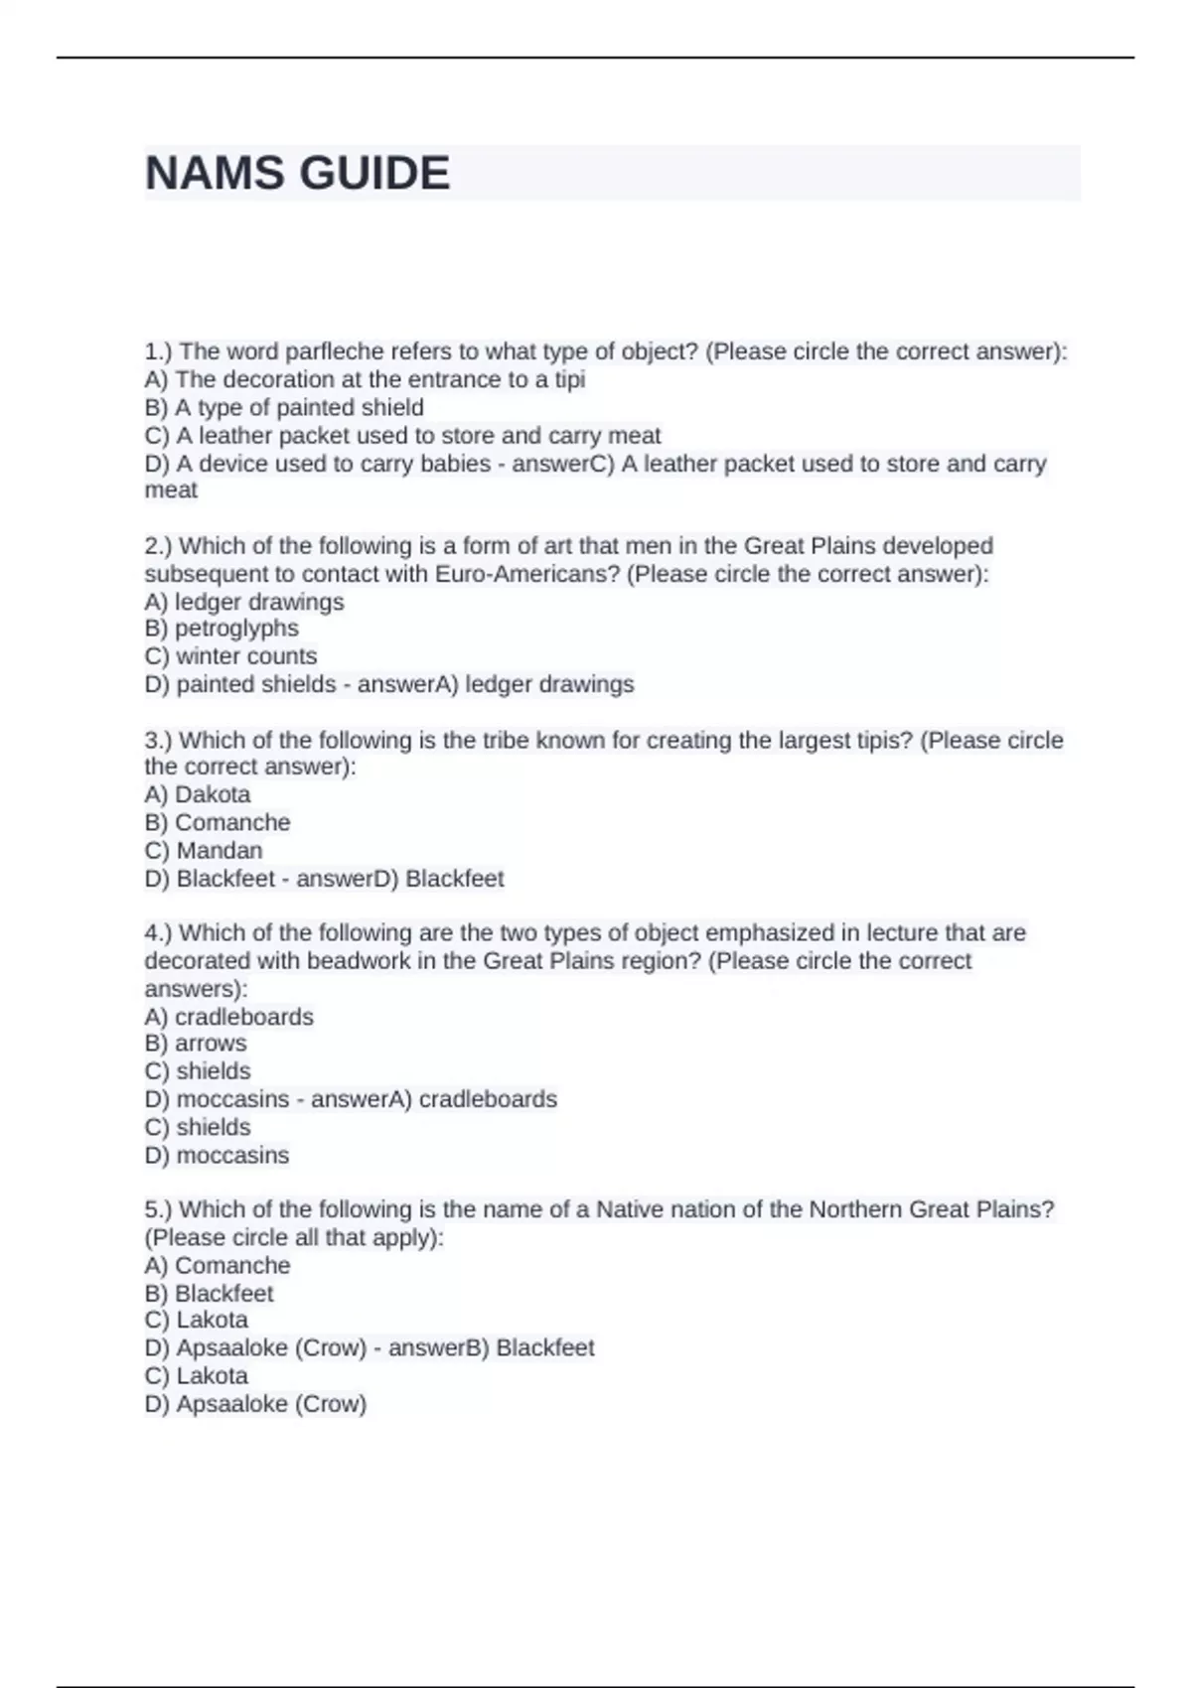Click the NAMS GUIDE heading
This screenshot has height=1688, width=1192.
(297, 174)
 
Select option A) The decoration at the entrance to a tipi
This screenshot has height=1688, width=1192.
(365, 379)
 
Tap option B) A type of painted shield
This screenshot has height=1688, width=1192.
(284, 407)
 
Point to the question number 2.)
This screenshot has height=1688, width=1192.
(159, 546)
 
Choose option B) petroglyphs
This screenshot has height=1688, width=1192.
(222, 629)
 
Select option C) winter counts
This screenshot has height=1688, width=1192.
(230, 656)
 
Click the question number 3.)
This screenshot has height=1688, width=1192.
(159, 741)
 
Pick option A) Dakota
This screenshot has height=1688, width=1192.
(197, 794)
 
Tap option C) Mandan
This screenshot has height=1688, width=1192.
(204, 851)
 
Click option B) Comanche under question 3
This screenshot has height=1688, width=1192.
(218, 822)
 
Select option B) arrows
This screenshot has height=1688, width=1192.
(196, 1044)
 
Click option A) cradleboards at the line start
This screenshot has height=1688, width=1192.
(228, 1017)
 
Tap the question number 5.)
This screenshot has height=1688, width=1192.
(159, 1209)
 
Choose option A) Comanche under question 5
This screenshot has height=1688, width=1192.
(218, 1266)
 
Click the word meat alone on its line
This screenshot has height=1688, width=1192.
(171, 491)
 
